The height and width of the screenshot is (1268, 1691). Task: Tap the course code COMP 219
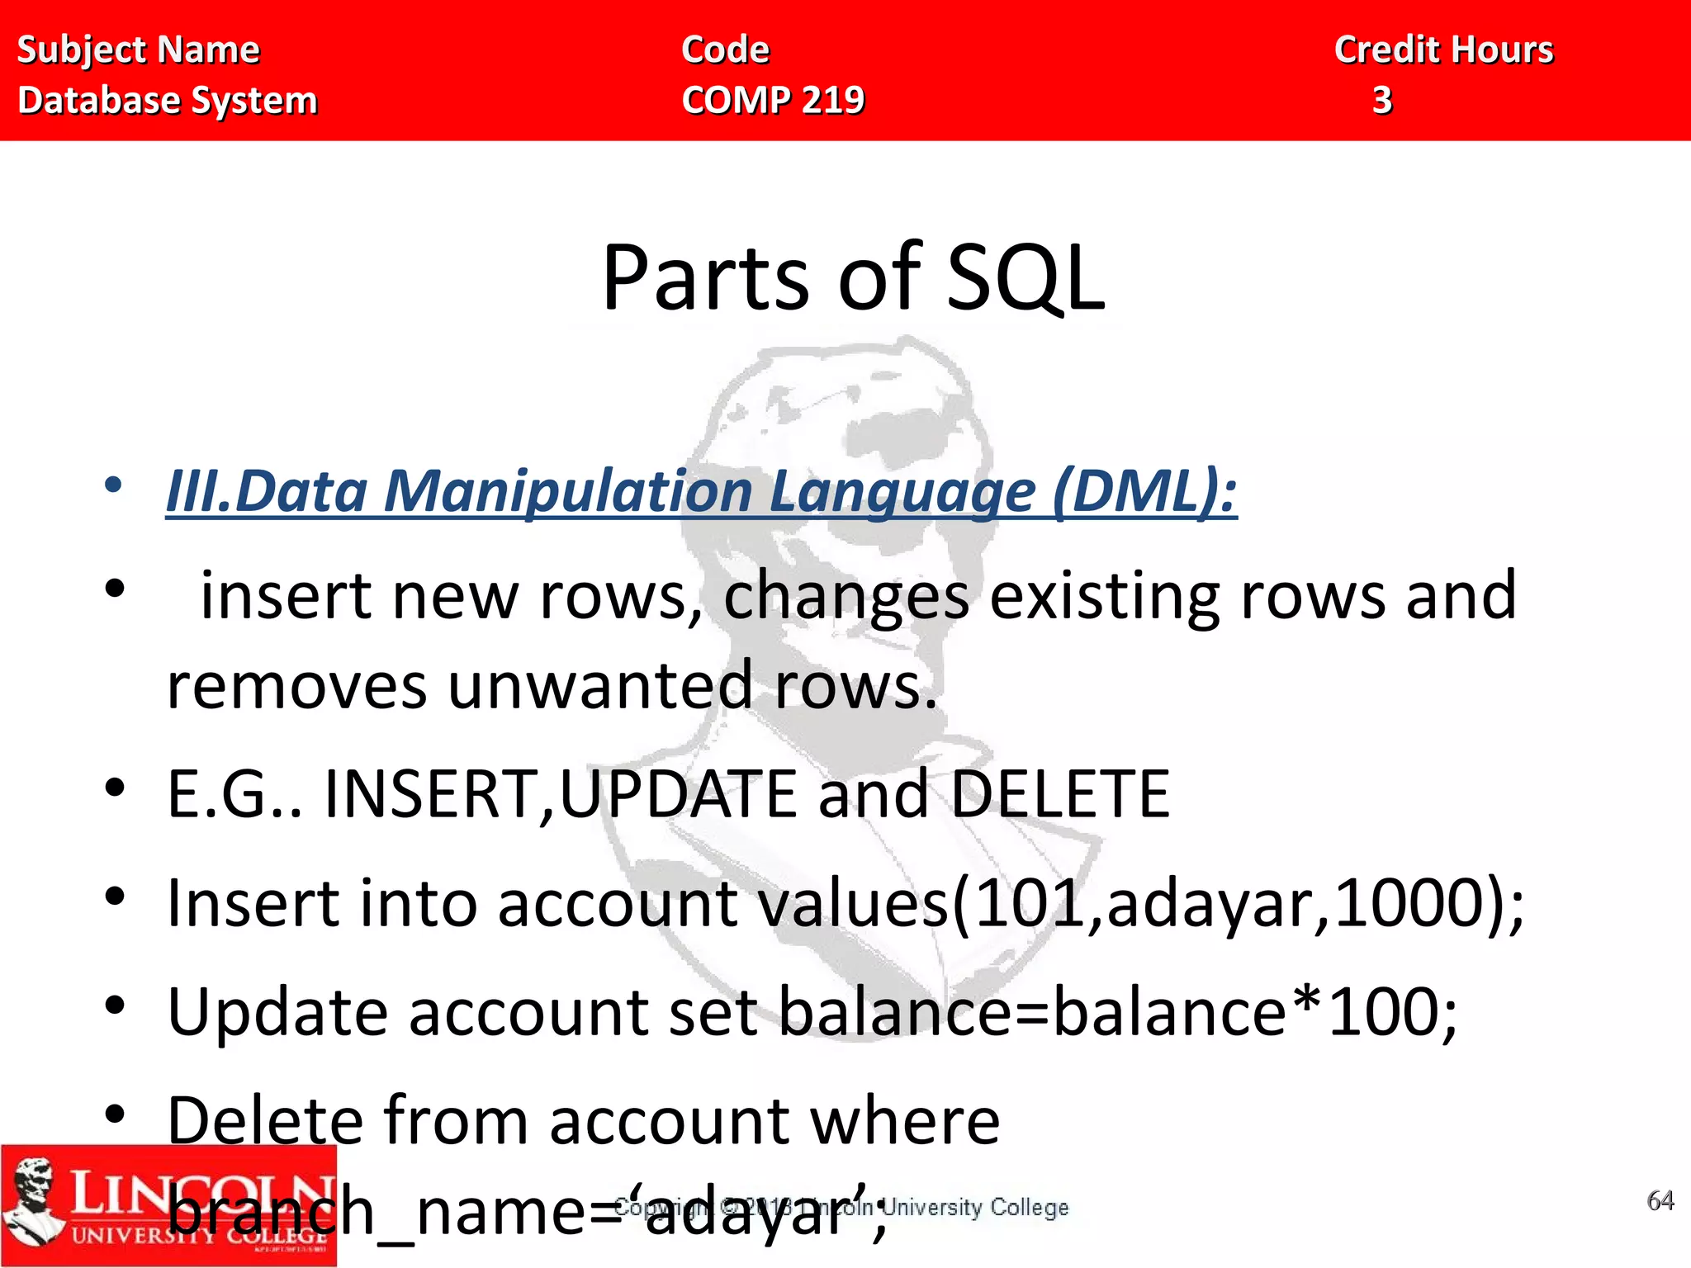(x=773, y=101)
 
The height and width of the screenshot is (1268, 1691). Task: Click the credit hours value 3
(x=1382, y=101)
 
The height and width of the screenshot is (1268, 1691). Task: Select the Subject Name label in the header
(x=138, y=50)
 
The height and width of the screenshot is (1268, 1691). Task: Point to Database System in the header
(x=168, y=101)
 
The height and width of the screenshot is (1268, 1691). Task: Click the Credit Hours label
(x=1443, y=50)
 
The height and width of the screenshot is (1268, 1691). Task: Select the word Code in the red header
(x=725, y=50)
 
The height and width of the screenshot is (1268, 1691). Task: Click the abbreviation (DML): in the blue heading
(x=1144, y=491)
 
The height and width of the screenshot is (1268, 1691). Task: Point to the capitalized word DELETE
(x=1060, y=794)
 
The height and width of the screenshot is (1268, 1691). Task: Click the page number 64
(x=1660, y=1200)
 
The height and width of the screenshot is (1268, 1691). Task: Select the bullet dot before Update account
(x=115, y=1005)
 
